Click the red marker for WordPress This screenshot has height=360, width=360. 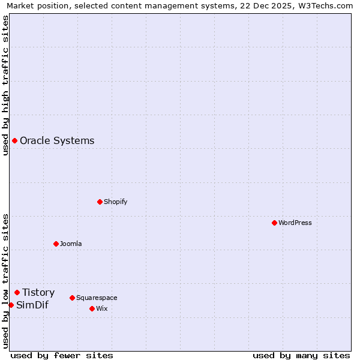point(274,223)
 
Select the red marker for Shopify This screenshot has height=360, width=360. point(100,202)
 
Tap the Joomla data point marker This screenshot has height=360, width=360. point(56,244)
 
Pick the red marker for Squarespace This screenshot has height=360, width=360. point(72,298)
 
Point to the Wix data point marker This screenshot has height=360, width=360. point(92,308)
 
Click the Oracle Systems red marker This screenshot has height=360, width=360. point(14,140)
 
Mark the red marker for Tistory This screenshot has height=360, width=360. point(17,292)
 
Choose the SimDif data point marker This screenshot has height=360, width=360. point(11,305)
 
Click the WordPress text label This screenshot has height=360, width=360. point(295,223)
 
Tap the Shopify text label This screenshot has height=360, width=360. point(116,202)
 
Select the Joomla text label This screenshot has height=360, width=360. point(71,244)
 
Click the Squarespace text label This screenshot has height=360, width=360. point(97,298)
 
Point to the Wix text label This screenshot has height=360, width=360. point(101,308)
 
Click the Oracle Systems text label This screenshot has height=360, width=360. point(57,140)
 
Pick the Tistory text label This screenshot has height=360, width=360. point(38,292)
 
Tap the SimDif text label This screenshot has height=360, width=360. point(32,305)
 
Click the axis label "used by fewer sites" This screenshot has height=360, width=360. point(62,355)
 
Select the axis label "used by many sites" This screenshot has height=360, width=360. point(301,355)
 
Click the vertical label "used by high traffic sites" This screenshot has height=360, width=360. point(5,85)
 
